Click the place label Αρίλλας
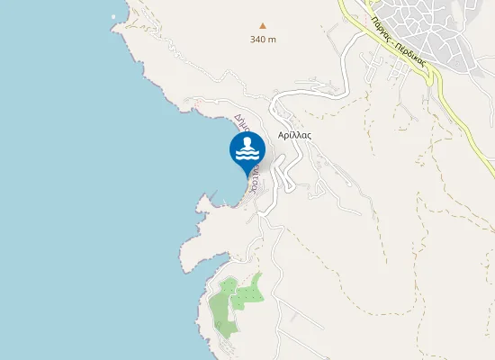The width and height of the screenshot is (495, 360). click(294, 134)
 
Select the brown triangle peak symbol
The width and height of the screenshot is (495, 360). click(263, 26)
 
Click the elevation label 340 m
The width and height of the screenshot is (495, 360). click(263, 39)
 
